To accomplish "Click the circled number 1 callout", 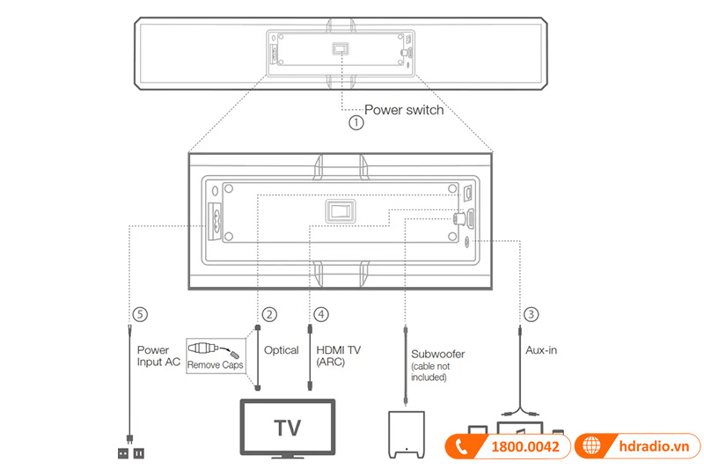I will tap(356, 123).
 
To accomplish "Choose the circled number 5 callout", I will tap(136, 313).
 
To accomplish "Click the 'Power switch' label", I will tap(404, 111).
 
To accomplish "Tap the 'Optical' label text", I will tap(282, 350).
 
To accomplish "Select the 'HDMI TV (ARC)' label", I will tap(338, 355).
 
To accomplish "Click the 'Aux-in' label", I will tap(540, 350).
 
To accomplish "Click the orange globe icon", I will tap(593, 446).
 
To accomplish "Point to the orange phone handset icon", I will tap(463, 446).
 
